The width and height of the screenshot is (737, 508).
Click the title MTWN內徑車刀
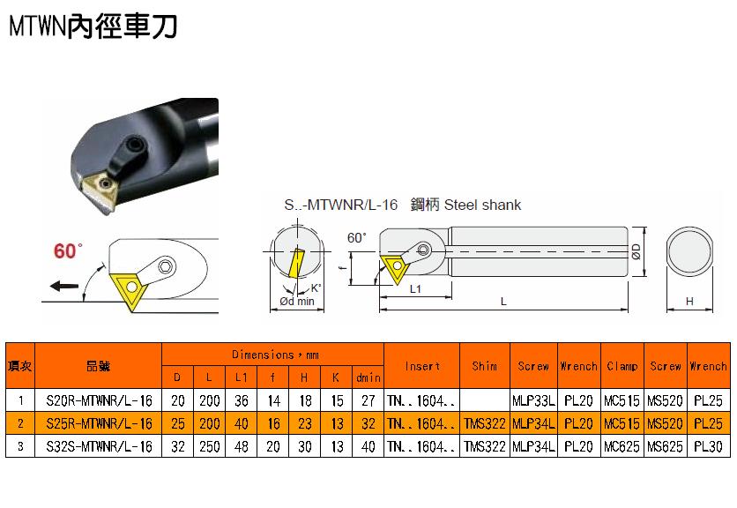point(93,26)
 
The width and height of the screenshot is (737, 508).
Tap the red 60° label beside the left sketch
point(68,250)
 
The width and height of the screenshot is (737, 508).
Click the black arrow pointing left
point(64,286)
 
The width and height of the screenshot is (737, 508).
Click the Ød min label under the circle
point(297,301)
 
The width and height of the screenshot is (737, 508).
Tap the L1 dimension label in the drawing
point(415,288)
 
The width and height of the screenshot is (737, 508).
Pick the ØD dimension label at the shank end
point(636,251)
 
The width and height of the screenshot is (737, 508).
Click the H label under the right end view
point(689,301)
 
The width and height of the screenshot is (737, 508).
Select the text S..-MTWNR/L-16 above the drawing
point(341,205)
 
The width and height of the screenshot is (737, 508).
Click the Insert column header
point(422,366)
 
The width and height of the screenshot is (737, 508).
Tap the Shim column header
point(485,366)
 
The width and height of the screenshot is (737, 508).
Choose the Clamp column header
point(622,366)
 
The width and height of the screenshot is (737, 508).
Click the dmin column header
point(368,377)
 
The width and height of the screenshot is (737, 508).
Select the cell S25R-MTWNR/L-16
point(99,423)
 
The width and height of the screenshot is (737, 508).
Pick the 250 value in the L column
point(209,446)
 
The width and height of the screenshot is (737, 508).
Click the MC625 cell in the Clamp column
point(622,446)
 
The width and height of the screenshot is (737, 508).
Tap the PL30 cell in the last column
point(708,446)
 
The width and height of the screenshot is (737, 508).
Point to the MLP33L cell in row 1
point(533,400)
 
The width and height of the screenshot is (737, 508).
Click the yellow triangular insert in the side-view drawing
point(396,268)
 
